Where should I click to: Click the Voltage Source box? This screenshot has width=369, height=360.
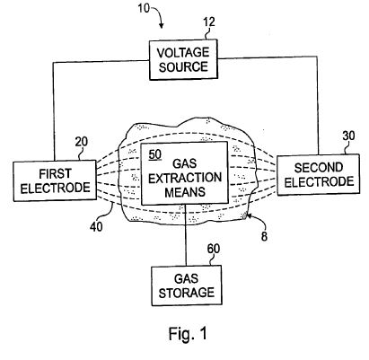click(x=183, y=59)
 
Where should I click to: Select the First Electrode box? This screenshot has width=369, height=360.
click(x=55, y=180)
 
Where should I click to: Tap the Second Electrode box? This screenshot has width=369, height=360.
click(x=319, y=175)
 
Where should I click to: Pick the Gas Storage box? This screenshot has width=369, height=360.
click(x=187, y=285)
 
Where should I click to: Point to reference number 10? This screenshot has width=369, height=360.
click(x=144, y=8)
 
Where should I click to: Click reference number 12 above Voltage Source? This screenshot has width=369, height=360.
click(x=209, y=22)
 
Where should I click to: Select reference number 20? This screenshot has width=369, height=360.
click(x=82, y=142)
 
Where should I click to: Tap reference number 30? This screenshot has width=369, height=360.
click(x=348, y=136)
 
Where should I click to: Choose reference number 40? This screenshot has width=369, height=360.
click(x=96, y=226)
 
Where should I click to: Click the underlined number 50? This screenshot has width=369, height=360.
click(x=155, y=154)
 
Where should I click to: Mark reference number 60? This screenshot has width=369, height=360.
click(x=214, y=249)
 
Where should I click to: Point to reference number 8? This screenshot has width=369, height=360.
click(x=264, y=236)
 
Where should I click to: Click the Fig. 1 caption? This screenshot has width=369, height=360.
click(x=188, y=333)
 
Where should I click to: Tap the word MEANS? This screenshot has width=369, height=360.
click(x=185, y=191)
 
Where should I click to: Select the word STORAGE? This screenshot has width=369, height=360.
click(x=187, y=293)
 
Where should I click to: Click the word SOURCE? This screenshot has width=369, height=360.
click(x=183, y=66)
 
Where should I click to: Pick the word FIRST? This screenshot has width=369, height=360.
click(x=56, y=173)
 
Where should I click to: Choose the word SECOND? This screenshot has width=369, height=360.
click(x=319, y=168)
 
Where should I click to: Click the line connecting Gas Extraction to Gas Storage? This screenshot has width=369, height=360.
click(x=186, y=235)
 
